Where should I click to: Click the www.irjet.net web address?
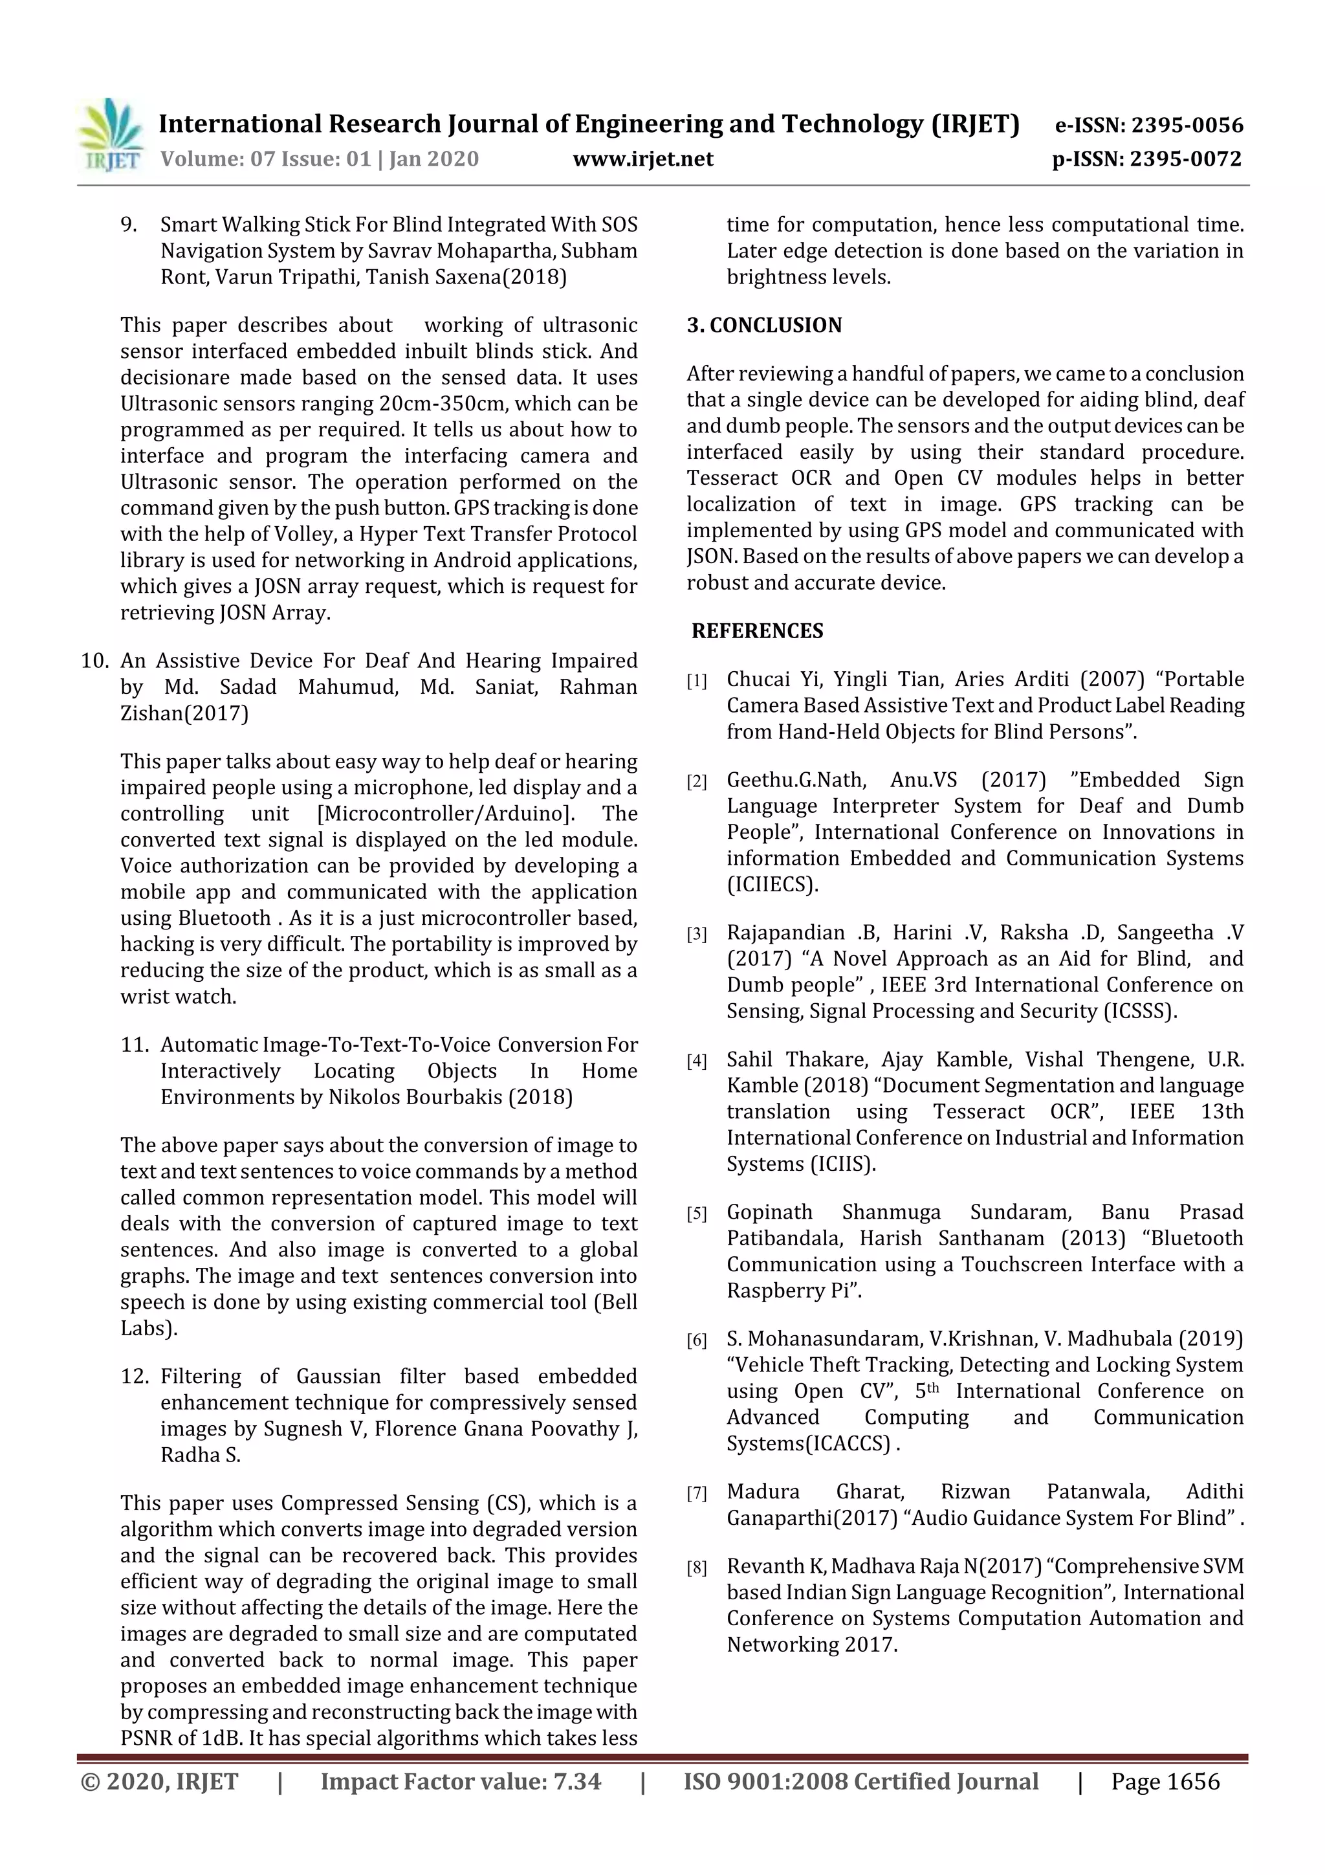pos(642,159)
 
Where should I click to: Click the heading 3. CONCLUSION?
pos(763,325)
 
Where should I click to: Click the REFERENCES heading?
pos(757,630)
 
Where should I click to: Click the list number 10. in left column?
pos(94,661)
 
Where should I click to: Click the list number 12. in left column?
pos(135,1376)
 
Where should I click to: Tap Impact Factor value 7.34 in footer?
pos(461,1781)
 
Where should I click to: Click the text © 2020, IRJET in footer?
pos(160,1781)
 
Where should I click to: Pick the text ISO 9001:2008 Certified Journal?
pos(860,1781)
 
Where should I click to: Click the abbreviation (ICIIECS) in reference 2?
pos(772,884)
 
